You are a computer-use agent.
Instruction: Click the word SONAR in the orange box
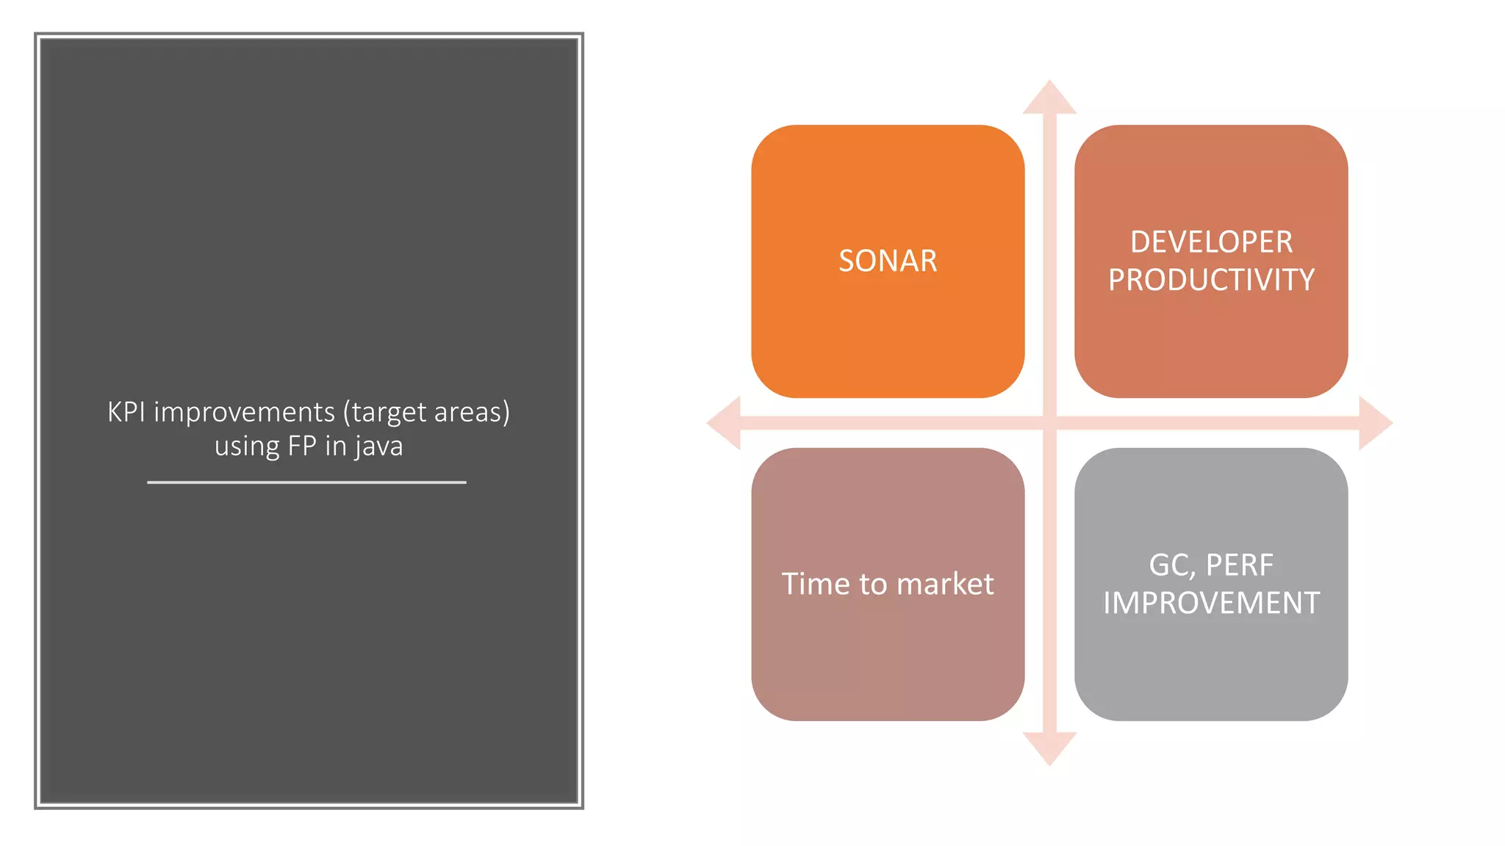[x=888, y=261]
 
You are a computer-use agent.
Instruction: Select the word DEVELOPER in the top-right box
[x=1211, y=242]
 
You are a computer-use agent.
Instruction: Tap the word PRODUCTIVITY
[x=1211, y=281]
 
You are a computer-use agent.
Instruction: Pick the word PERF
[x=1240, y=565]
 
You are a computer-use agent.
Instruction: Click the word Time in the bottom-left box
[x=815, y=585]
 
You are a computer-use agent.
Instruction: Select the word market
[x=945, y=585]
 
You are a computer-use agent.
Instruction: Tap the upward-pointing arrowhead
[x=1049, y=98]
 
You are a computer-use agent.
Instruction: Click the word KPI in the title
[x=126, y=413]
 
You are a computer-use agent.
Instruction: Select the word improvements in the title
[x=244, y=413]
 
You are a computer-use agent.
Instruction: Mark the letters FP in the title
[x=302, y=446]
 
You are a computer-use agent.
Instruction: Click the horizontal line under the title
[x=306, y=482]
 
